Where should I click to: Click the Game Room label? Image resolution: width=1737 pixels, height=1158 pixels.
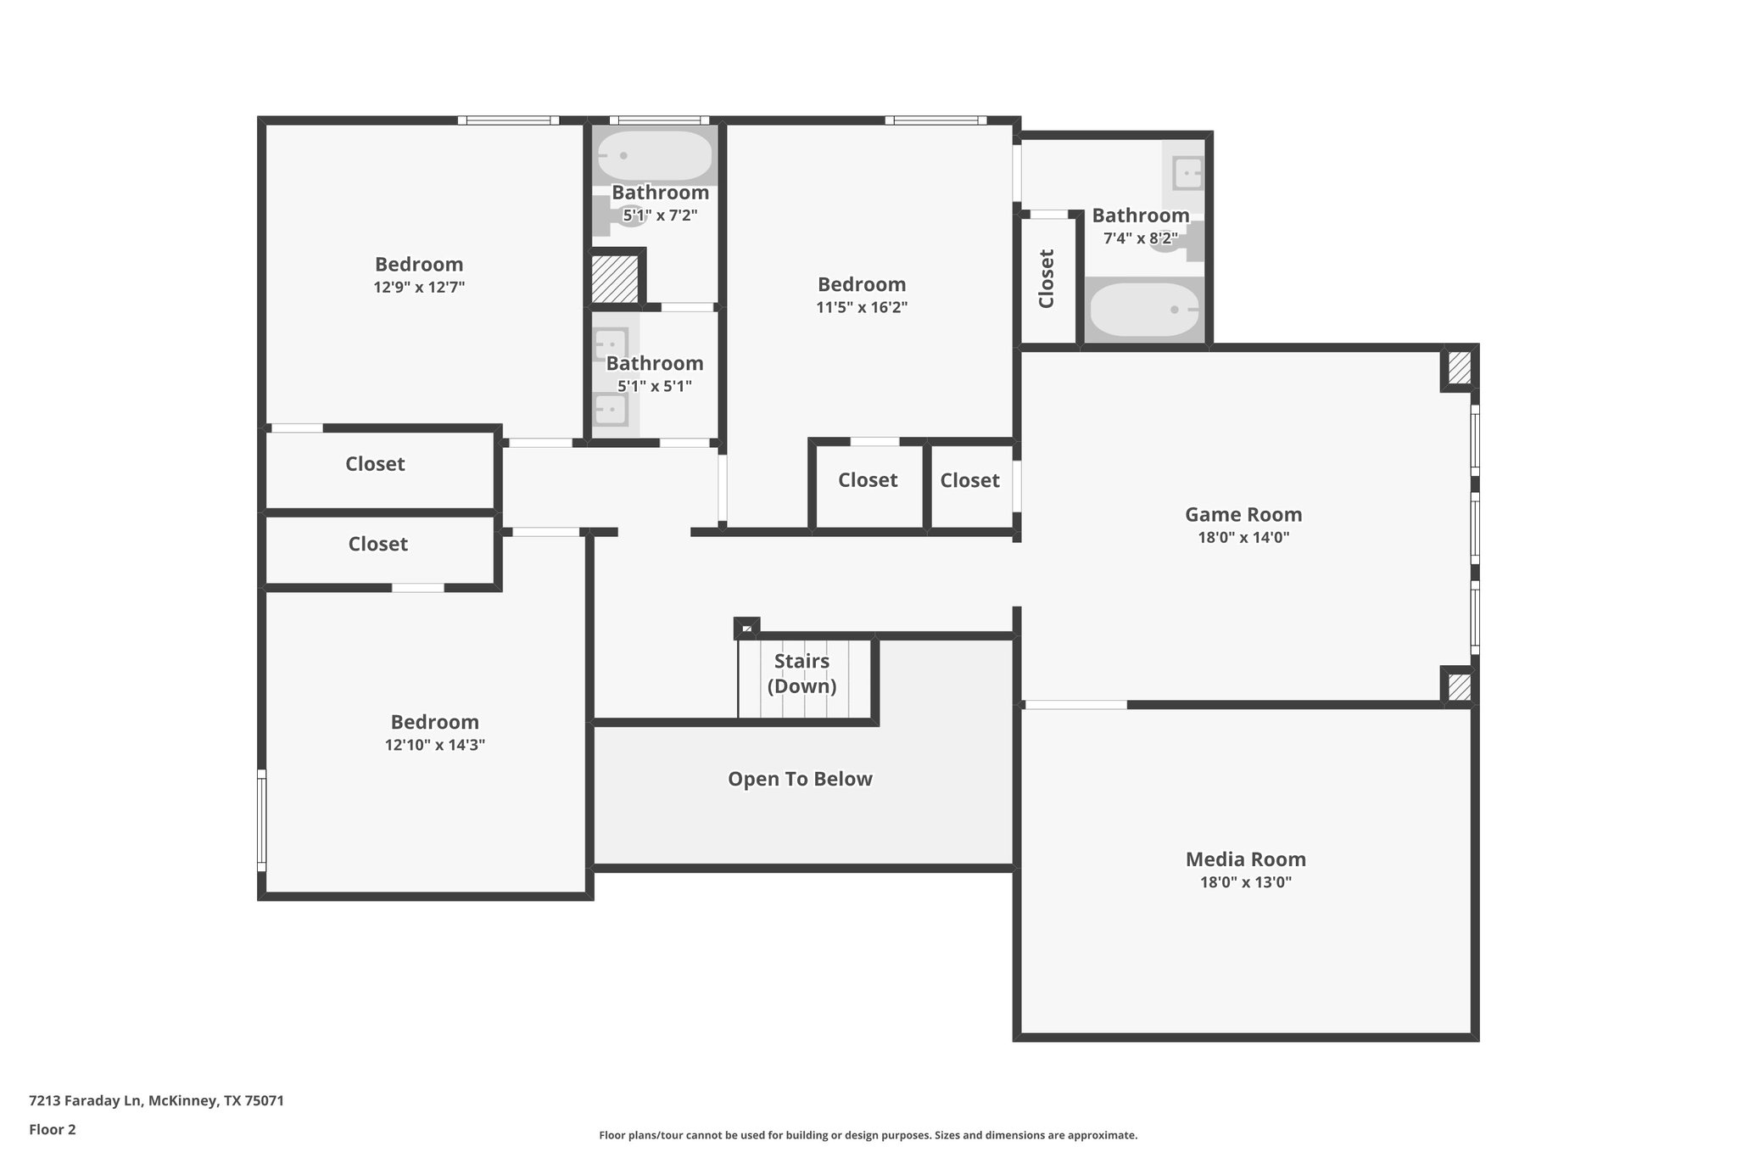(x=1243, y=514)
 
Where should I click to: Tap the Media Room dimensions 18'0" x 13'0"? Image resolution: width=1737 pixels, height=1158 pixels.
(x=1245, y=882)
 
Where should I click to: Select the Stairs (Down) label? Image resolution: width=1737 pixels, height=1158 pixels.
(x=801, y=674)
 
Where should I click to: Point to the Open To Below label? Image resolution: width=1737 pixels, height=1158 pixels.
(x=800, y=779)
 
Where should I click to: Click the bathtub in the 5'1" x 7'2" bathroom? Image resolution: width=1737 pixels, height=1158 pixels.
(x=655, y=156)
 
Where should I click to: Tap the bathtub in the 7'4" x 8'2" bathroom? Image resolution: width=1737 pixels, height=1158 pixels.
(x=1144, y=310)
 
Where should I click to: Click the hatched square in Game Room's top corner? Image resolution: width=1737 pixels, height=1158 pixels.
(x=1459, y=367)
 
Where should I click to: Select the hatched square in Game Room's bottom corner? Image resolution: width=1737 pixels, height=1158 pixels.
(x=1459, y=686)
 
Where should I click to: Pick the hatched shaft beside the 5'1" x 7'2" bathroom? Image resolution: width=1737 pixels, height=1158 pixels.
(x=614, y=277)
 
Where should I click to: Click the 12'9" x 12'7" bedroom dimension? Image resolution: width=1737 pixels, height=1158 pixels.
(x=419, y=288)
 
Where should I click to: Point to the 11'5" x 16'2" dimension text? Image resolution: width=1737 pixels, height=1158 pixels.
(x=862, y=308)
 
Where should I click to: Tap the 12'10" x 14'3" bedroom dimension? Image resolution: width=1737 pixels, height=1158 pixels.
(x=434, y=746)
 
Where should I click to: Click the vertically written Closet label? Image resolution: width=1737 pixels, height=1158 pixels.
(x=1047, y=278)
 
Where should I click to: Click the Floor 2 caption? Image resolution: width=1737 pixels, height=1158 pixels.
(x=53, y=1129)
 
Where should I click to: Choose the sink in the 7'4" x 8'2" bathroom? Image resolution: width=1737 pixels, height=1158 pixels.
(x=1187, y=173)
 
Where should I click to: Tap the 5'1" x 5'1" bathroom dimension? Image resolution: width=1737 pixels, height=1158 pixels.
(x=655, y=387)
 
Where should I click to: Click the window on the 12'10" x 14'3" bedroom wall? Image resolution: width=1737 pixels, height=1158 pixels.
(x=262, y=820)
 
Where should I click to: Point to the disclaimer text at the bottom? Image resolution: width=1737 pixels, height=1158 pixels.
(x=868, y=1135)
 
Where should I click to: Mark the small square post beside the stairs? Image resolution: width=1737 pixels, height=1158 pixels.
(x=746, y=628)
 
